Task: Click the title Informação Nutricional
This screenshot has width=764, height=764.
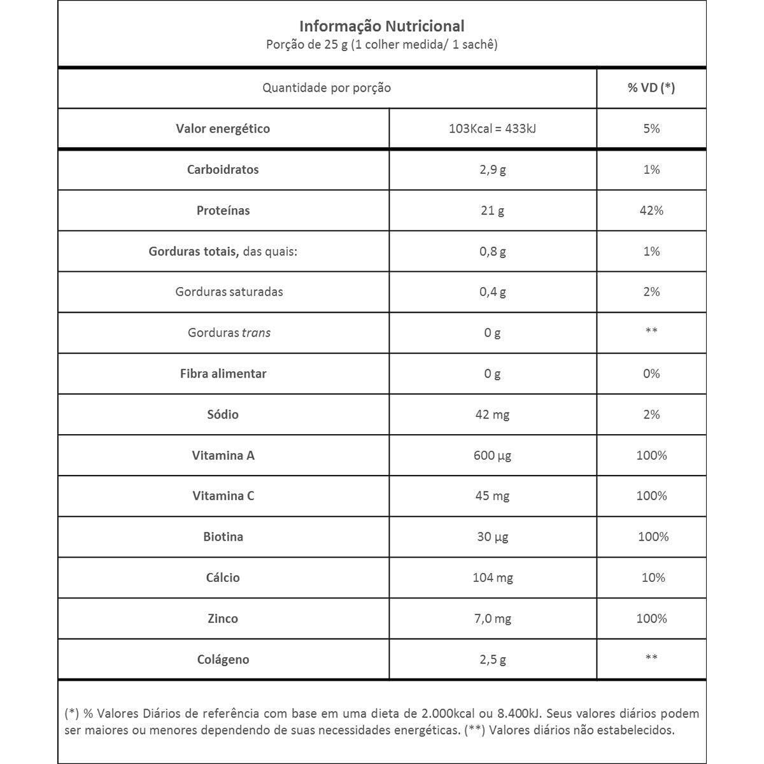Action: click(x=381, y=26)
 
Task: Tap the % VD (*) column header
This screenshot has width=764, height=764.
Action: click(x=651, y=88)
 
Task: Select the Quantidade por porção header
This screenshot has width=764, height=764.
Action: click(x=327, y=88)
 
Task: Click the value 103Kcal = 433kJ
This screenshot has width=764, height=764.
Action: click(x=492, y=129)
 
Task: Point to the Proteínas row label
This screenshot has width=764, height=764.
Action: click(x=223, y=211)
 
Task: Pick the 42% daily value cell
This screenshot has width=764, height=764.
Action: click(x=651, y=211)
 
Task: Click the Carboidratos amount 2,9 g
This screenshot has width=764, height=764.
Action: click(x=492, y=170)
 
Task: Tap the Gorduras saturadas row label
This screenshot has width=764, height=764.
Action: click(x=229, y=292)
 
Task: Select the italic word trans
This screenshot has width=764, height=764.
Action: click(x=256, y=333)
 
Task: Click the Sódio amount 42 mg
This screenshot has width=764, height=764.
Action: click(x=492, y=415)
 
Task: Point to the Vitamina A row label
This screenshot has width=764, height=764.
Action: click(x=223, y=456)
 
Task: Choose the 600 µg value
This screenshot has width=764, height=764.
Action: click(x=492, y=456)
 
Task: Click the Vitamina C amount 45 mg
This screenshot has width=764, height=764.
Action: click(x=492, y=497)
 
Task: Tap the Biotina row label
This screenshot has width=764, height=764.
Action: click(x=223, y=537)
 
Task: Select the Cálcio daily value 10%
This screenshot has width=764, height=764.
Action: click(x=653, y=578)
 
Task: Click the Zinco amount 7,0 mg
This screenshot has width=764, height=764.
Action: click(x=492, y=619)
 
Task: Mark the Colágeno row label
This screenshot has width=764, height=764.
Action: click(x=223, y=660)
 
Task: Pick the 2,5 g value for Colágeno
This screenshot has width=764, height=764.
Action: click(x=492, y=660)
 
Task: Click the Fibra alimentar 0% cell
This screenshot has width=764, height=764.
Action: click(x=651, y=374)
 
